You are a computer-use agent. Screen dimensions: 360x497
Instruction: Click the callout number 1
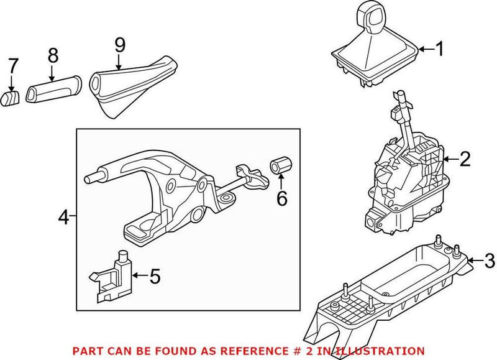[439, 49]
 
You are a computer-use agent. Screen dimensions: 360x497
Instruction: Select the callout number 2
[465, 160]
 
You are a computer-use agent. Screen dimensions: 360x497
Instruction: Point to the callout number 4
[63, 217]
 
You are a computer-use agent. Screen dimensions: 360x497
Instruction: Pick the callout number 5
[155, 274]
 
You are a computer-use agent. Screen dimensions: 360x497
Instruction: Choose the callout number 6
[281, 198]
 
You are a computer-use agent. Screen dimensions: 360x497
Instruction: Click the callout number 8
[53, 55]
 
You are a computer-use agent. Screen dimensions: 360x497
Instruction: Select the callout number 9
[120, 45]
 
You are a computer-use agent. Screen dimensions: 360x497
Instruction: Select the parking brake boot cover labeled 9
[130, 84]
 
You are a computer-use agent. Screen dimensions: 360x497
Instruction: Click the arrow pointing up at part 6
[281, 182]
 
